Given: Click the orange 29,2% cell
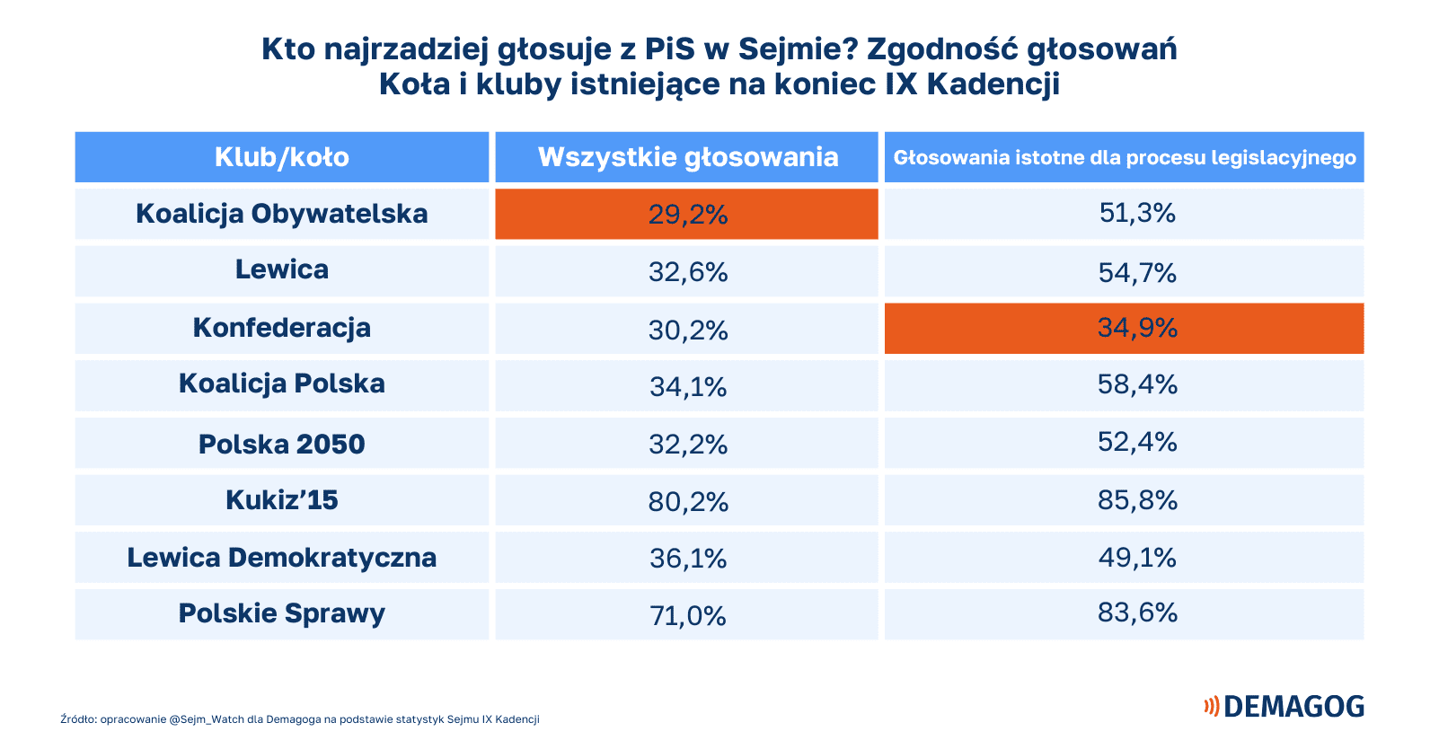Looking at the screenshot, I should pos(687,214).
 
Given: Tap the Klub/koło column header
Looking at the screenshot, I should pos(281,157).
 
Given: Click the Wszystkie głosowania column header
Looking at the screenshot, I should pos(687,157).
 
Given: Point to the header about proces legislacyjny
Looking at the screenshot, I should pos(1124,157).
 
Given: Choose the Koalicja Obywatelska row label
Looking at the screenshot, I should pos(281,214).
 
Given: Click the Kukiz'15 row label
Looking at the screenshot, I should pos(281,499).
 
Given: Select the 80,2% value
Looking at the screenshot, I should pos(687,501).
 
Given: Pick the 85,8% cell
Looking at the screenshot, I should pos(1136,499).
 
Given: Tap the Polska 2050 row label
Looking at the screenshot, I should pos(281,444).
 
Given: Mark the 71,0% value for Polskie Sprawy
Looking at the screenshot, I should pos(687,615).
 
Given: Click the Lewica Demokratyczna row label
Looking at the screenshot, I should pos(281,557).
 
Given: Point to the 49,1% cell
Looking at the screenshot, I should pos(1136,558).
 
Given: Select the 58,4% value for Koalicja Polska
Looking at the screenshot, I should pos(1136,384).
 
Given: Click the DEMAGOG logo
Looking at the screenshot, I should pos(1284,706).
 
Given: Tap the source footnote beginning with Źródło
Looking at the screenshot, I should pos(300,719).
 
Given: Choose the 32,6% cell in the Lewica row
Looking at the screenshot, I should pos(687,271).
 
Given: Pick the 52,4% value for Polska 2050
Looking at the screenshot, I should pos(1136,442).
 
